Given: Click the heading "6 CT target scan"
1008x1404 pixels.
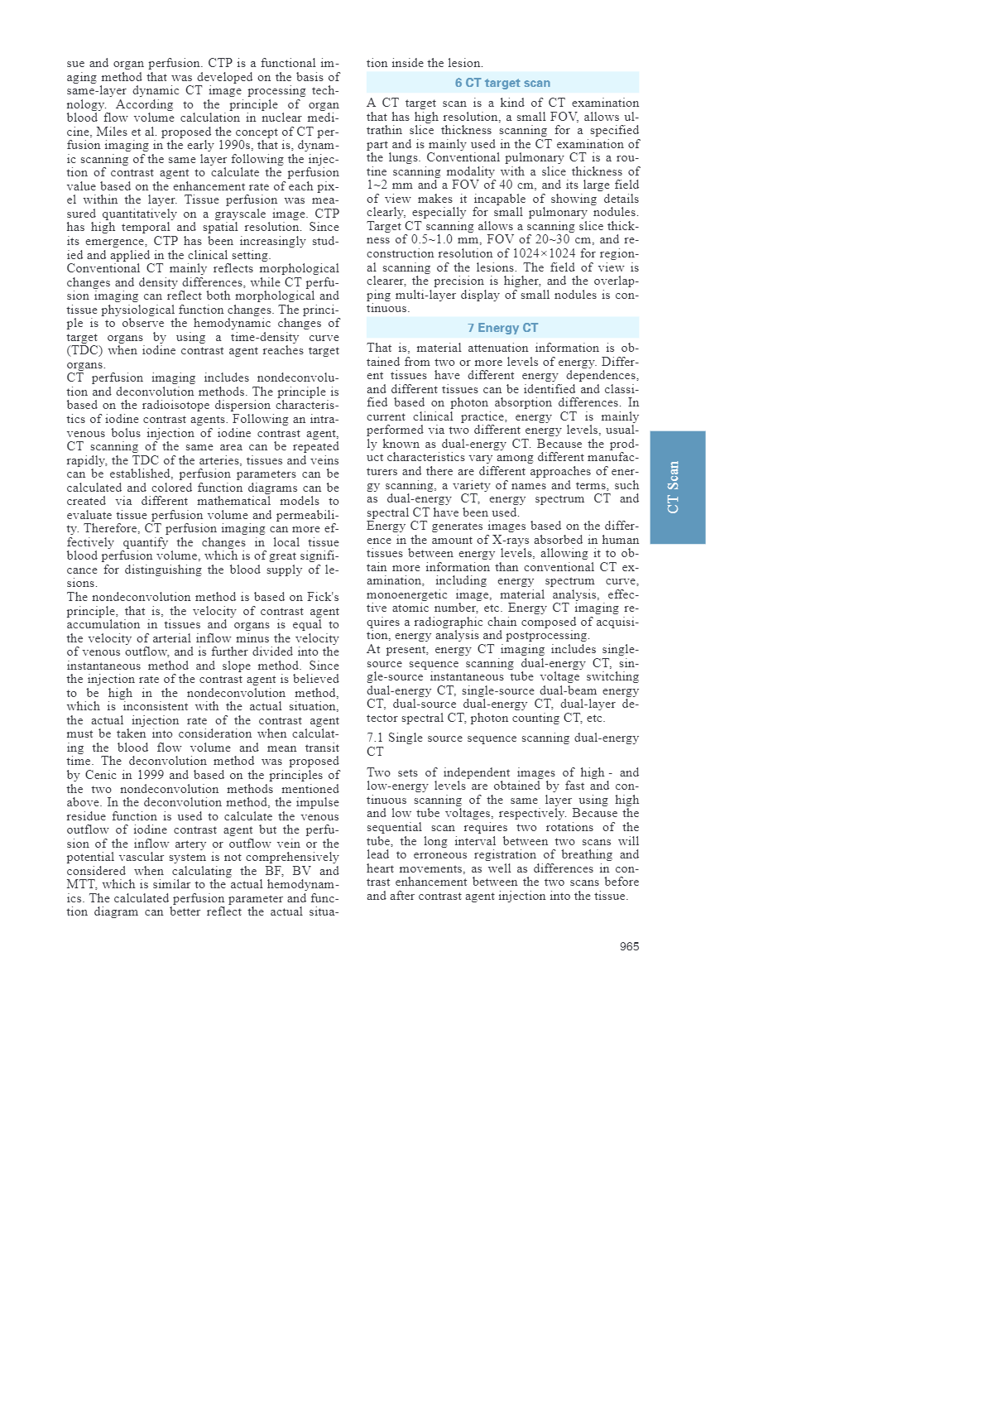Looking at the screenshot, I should coord(502,83).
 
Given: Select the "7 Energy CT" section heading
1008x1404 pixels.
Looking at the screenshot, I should coord(502,328).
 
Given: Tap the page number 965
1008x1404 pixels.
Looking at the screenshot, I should coord(629,946).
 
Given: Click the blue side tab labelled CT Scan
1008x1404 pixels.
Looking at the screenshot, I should coord(677,487).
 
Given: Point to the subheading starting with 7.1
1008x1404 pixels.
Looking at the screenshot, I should coord(502,744).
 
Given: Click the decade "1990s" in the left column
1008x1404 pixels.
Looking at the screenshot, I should coord(239,145).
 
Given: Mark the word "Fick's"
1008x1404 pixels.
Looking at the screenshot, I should coord(321,597).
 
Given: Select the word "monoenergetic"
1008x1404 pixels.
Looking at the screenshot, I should coord(409,594).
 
